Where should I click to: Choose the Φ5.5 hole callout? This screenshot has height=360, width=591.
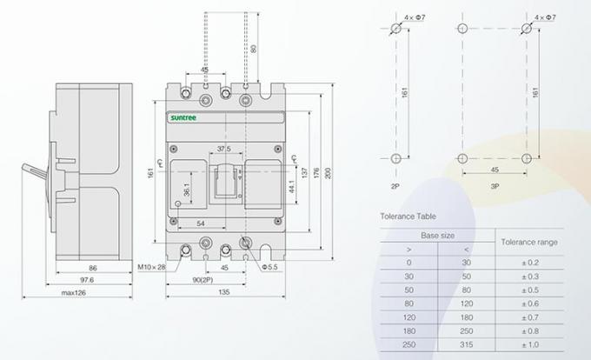point(268,266)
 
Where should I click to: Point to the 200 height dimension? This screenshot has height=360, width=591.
point(327,174)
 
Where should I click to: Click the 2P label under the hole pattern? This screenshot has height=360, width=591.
point(395,186)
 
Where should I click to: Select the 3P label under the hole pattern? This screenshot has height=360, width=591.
point(494,186)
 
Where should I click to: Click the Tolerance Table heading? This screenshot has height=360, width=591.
point(408,216)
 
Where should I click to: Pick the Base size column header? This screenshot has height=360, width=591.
point(436,235)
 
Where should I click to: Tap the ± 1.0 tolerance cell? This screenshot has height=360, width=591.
point(529,344)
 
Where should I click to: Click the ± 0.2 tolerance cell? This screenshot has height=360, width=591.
point(529,262)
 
